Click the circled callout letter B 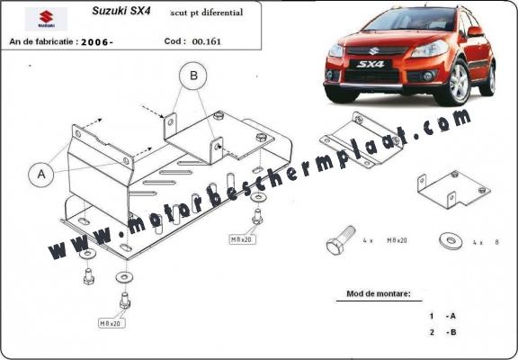pyautogui.click(x=192, y=77)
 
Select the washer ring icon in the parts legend pyautogui.click(x=447, y=241)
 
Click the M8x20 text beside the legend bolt pyautogui.click(x=396, y=242)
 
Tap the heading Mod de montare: pyautogui.click(x=378, y=294)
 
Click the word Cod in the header pyautogui.click(x=175, y=41)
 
